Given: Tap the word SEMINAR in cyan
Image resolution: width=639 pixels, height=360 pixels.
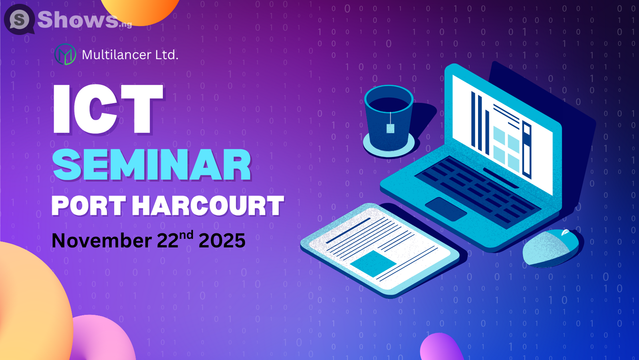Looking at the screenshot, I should [x=152, y=165].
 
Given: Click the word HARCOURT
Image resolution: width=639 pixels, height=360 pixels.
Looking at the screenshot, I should [x=208, y=206].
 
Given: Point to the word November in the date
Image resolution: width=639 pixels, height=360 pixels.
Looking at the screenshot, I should [x=101, y=241].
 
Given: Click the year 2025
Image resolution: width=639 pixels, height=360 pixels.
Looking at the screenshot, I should [x=222, y=241].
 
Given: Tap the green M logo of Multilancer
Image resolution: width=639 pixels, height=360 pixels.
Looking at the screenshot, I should [x=65, y=54].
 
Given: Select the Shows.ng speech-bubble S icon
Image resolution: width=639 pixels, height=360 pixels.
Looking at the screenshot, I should [x=19, y=19].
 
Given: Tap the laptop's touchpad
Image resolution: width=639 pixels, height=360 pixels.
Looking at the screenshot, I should [x=445, y=209].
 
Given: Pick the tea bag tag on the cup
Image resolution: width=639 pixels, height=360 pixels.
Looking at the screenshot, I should [x=390, y=128].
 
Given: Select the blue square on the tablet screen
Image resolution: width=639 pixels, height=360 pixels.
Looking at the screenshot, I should [x=373, y=264].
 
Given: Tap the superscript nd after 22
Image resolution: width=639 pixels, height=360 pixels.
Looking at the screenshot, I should [x=186, y=235].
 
